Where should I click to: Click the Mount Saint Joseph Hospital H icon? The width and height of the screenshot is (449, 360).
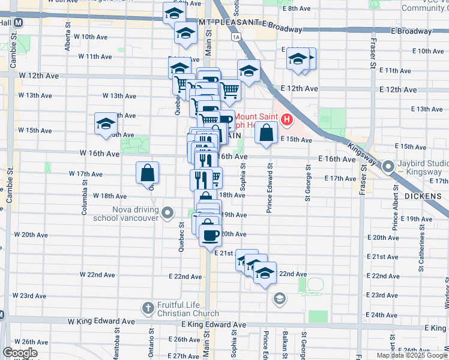286,119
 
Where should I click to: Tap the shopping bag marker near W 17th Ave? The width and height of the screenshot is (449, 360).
148,173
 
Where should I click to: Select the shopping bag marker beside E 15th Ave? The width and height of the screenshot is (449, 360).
266,133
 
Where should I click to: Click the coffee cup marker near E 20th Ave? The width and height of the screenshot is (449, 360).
210,235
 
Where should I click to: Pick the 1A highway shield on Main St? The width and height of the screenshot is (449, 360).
237,37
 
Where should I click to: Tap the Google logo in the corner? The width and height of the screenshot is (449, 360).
20,353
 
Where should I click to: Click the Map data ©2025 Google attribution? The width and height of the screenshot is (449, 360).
412,355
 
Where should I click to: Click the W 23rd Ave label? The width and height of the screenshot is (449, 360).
33,296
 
